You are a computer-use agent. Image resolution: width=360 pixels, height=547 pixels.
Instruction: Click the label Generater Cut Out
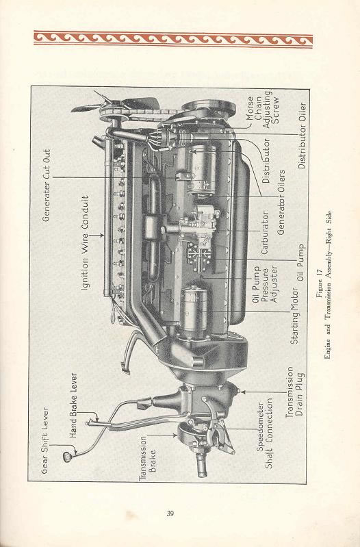[x=47, y=186]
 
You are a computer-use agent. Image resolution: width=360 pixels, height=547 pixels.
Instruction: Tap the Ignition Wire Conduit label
[x=85, y=243]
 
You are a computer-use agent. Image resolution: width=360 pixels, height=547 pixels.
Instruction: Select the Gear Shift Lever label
[x=44, y=440]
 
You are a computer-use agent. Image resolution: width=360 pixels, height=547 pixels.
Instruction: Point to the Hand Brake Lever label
[x=73, y=405]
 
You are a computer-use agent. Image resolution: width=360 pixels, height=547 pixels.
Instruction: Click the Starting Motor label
[x=295, y=316]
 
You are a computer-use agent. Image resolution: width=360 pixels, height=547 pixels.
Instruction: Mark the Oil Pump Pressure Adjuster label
[x=265, y=284]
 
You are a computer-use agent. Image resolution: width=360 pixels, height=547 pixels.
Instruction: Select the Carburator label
[x=265, y=232]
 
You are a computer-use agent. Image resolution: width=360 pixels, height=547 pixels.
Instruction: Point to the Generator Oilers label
[x=281, y=202]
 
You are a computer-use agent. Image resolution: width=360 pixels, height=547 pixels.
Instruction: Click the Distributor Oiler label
[x=302, y=136]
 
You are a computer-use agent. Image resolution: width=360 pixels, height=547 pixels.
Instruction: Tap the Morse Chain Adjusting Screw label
[x=263, y=109]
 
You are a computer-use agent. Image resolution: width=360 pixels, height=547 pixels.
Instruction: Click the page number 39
[x=170, y=513]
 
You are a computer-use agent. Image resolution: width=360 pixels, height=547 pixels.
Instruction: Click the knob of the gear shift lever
[x=67, y=457]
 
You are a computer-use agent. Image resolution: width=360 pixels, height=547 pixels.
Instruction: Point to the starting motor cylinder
[x=194, y=308]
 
